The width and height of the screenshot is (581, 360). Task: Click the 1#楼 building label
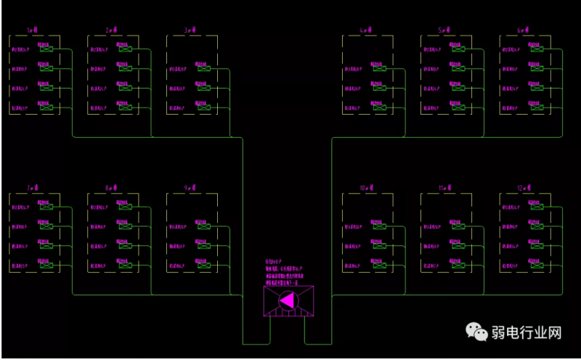31,30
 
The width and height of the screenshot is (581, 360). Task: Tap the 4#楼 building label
365,30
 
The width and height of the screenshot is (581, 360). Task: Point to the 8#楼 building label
111,188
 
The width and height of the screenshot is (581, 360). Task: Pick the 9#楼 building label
190,188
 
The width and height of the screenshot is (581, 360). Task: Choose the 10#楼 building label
367,188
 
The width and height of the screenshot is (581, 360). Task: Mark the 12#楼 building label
524,188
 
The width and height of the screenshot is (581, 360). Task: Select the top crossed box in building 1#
47,49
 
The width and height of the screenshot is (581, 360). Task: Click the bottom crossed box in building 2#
126,108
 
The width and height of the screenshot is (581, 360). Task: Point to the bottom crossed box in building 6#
537,108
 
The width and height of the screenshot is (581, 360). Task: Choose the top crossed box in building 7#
47,207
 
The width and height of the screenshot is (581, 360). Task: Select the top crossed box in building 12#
537,207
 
